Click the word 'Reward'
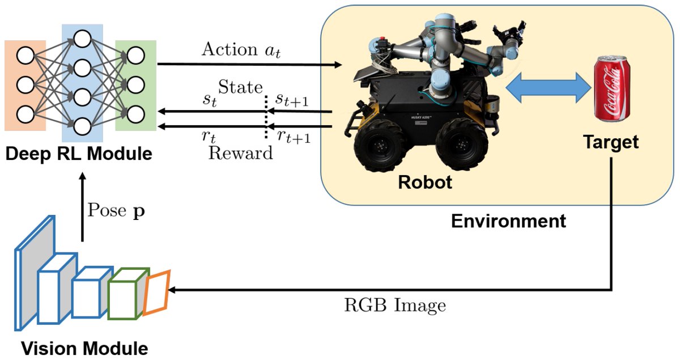pos(240,153)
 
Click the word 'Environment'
pos(508,221)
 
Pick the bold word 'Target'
pos(611,142)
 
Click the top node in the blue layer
pos(82,40)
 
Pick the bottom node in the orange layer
pos(25,114)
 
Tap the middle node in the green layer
pos(136,84)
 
